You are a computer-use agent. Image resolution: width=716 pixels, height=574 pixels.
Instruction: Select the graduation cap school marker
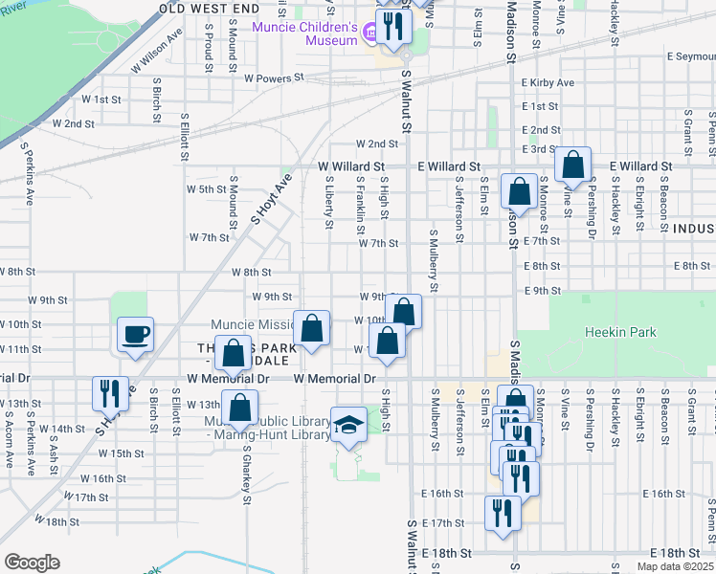(348, 425)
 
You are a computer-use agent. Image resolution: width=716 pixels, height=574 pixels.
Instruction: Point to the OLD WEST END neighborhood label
(209, 8)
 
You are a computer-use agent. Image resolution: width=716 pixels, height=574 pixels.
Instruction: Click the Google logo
(32, 563)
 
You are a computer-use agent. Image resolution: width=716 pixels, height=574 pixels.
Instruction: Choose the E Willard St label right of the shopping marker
(639, 166)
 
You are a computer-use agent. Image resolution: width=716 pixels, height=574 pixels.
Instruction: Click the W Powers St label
(273, 77)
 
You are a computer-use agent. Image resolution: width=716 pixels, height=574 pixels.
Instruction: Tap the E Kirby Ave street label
(548, 82)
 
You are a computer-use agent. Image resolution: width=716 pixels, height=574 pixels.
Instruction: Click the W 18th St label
(56, 519)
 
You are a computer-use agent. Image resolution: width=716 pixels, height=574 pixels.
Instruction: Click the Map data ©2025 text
(675, 566)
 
